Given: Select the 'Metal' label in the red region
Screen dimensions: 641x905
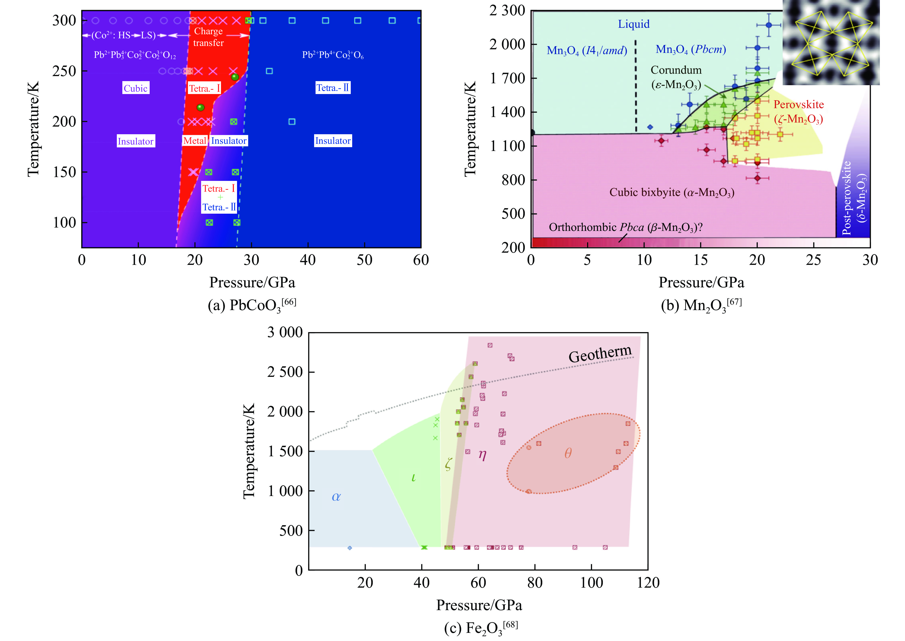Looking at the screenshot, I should (x=195, y=141).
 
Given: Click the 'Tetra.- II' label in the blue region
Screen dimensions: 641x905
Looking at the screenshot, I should (x=333, y=88).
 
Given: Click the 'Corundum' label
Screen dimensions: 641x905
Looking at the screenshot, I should (x=676, y=70).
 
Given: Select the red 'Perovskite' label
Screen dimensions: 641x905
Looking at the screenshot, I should (x=798, y=105).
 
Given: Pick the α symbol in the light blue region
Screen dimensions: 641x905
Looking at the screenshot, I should (x=336, y=496).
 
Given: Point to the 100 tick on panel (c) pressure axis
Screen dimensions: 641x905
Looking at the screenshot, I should (x=591, y=583).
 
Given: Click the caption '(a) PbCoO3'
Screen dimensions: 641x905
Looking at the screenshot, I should (x=252, y=305).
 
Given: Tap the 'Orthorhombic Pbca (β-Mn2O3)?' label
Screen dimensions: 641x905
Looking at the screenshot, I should (x=625, y=227).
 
